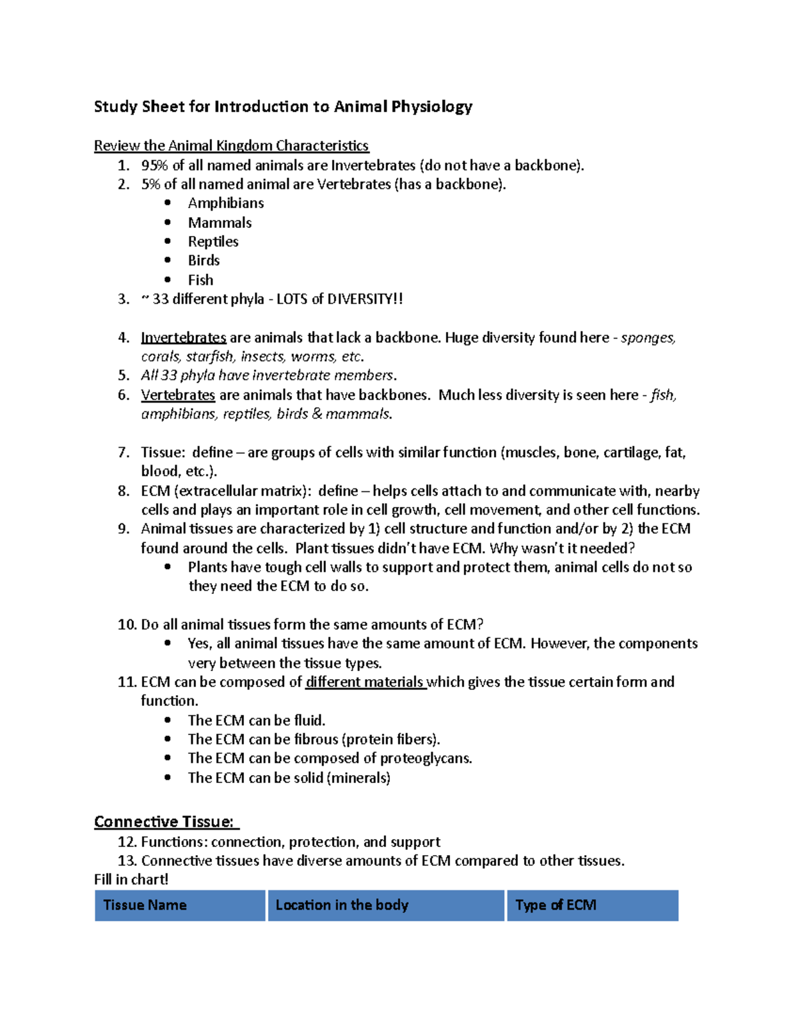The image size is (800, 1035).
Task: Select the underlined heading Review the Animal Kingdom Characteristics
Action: click(231, 145)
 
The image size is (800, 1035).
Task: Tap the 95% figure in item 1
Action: click(155, 165)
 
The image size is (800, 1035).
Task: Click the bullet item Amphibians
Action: click(225, 203)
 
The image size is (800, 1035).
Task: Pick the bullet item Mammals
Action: click(219, 223)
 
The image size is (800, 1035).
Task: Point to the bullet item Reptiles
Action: click(213, 241)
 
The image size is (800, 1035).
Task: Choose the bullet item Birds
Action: click(203, 261)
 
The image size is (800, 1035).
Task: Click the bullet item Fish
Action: click(200, 280)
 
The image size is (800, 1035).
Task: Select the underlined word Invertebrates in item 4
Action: click(183, 338)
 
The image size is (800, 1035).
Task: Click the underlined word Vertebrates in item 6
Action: click(178, 395)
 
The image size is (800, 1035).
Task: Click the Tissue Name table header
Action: click(145, 905)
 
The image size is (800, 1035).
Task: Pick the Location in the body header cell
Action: click(341, 905)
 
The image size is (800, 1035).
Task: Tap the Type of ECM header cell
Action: click(555, 905)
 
